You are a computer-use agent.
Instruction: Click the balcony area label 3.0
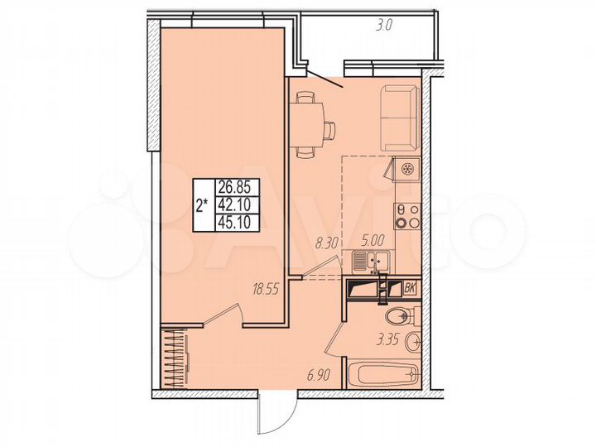(383, 26)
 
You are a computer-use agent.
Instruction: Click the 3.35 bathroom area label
(388, 337)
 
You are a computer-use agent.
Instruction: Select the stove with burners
(406, 214)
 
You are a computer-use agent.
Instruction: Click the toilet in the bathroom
(403, 315)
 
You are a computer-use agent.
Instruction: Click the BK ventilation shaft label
(410, 288)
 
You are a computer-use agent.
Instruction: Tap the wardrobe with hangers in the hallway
(175, 358)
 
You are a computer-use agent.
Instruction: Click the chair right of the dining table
(329, 130)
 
